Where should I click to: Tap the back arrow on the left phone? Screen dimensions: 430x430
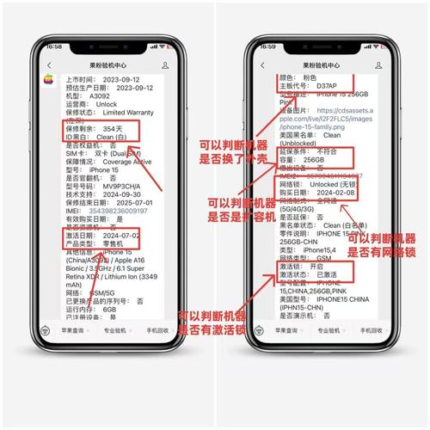pos(49,64)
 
